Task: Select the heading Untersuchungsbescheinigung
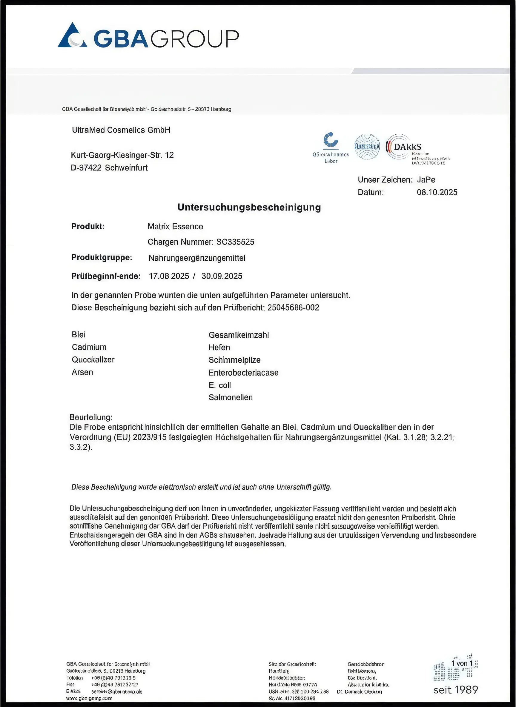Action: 249,208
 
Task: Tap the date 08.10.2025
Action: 437,192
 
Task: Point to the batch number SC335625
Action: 235,242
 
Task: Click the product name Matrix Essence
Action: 175,226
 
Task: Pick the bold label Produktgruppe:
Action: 102,258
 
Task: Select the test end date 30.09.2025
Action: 222,276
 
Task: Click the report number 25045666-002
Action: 293,308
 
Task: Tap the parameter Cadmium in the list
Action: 89,347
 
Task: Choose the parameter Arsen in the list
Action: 82,372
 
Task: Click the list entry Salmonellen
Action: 231,397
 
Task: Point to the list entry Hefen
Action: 219,347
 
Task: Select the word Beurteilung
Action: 90,417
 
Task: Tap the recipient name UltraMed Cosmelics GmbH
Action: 121,130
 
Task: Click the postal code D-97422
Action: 86,168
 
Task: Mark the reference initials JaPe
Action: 426,180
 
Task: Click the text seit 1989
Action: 455,689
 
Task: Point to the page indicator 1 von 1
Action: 462,663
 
